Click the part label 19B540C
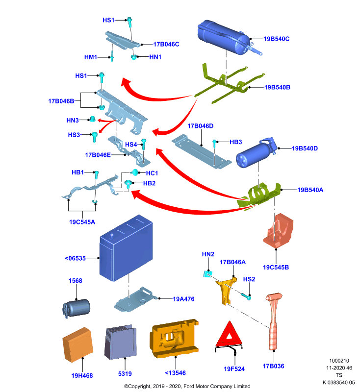tap(277, 39)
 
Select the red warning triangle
tap(229, 336)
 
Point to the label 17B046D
tap(201, 126)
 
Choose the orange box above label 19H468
tap(78, 345)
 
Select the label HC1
tap(152, 173)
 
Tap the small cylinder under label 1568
tap(77, 308)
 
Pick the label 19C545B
tap(276, 267)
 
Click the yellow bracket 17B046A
tap(226, 290)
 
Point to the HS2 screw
tap(246, 296)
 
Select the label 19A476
tap(183, 299)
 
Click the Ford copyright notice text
tap(187, 386)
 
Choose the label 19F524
tap(234, 369)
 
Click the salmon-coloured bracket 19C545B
tap(278, 230)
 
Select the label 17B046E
tap(98, 155)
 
